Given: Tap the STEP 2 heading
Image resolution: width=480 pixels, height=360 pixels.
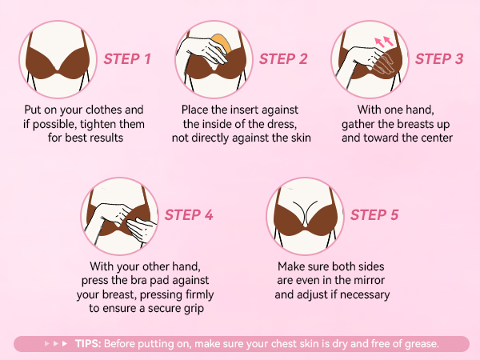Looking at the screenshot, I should click(x=283, y=58).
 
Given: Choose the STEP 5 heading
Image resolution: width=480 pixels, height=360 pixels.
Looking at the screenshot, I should click(x=374, y=214).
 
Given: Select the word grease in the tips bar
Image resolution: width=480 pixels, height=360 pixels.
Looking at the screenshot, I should click(x=419, y=344).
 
